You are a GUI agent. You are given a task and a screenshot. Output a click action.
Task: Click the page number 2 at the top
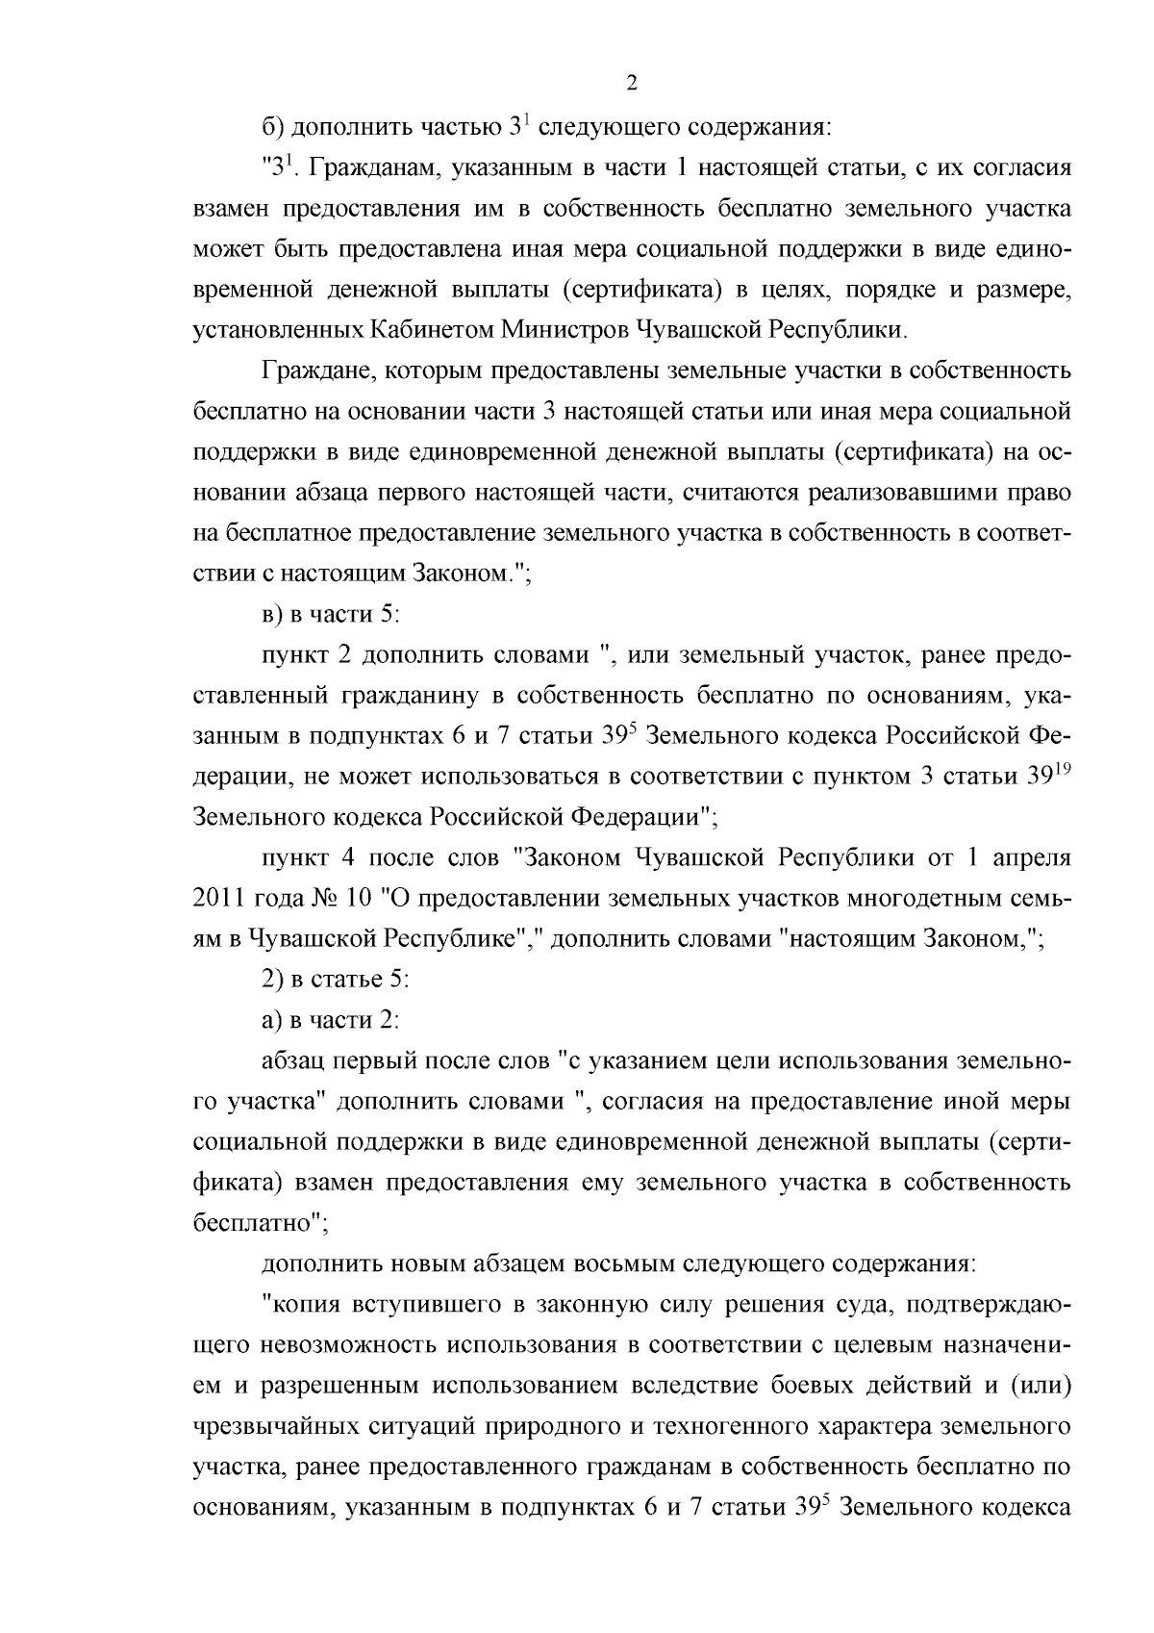pos(632,83)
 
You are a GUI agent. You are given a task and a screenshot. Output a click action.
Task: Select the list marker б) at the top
pos(273,127)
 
